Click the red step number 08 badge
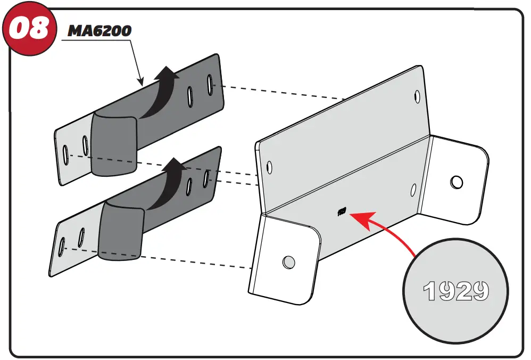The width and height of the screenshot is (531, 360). [30, 29]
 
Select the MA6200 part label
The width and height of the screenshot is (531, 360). [99, 31]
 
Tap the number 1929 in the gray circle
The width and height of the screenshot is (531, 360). [455, 290]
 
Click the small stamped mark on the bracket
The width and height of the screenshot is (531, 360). [342, 211]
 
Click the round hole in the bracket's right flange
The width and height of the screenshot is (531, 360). [456, 182]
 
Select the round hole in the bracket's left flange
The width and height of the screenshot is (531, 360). [288, 261]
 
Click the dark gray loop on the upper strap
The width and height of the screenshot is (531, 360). [113, 144]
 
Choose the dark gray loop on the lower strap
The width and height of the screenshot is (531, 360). [121, 230]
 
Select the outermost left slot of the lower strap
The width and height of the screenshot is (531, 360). [62, 244]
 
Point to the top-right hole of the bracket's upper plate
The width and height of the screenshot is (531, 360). [416, 96]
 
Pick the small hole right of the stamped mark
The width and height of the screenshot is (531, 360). [413, 189]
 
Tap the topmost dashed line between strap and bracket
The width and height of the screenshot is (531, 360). [282, 92]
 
